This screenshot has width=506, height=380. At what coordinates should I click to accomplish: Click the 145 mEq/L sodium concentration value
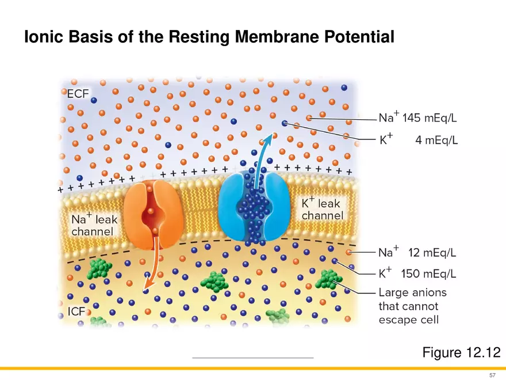click(430, 119)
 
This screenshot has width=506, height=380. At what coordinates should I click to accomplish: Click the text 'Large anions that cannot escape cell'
click(412, 306)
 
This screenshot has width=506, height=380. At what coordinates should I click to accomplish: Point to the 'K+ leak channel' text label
click(323, 209)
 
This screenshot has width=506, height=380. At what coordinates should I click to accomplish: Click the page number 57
click(492, 374)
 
